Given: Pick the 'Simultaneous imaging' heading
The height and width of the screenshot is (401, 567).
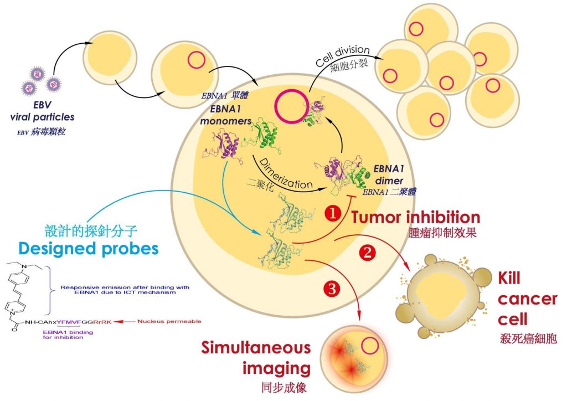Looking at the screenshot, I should tap(256, 358).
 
